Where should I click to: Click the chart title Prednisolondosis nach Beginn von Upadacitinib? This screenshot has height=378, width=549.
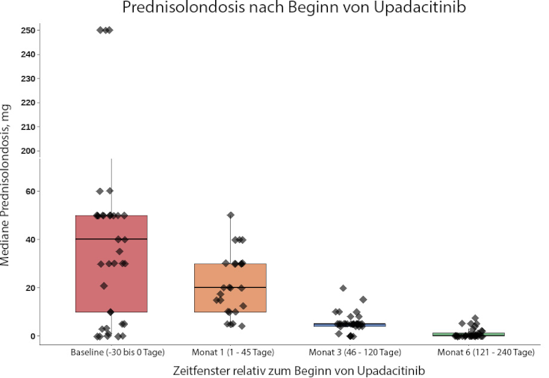294,7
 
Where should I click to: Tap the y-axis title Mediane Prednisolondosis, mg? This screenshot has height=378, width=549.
5,185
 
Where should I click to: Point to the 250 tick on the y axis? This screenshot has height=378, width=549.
28,31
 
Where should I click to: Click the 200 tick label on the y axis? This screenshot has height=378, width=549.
28,151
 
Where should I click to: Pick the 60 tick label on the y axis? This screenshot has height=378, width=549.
31,192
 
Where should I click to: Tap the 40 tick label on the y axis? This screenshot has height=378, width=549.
31,239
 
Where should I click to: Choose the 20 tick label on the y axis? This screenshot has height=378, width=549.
31,288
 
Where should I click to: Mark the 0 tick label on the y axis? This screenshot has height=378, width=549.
33,336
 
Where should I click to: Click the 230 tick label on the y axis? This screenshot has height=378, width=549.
28,78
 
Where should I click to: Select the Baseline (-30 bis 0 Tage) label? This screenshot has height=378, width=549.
118,352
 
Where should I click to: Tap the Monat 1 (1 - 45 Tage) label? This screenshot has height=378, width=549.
233,352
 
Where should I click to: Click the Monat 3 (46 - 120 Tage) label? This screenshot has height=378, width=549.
355,352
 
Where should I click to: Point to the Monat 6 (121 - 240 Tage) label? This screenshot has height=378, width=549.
486,352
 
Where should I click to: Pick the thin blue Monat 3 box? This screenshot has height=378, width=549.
350,325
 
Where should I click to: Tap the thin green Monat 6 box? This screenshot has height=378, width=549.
468,334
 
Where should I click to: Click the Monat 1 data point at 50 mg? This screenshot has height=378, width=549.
230,215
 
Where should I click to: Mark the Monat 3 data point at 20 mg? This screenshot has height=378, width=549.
343,289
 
